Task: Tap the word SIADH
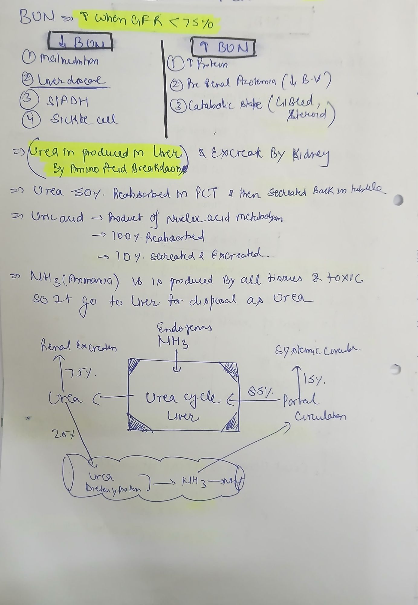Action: point(67,102)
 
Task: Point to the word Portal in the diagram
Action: point(301,400)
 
